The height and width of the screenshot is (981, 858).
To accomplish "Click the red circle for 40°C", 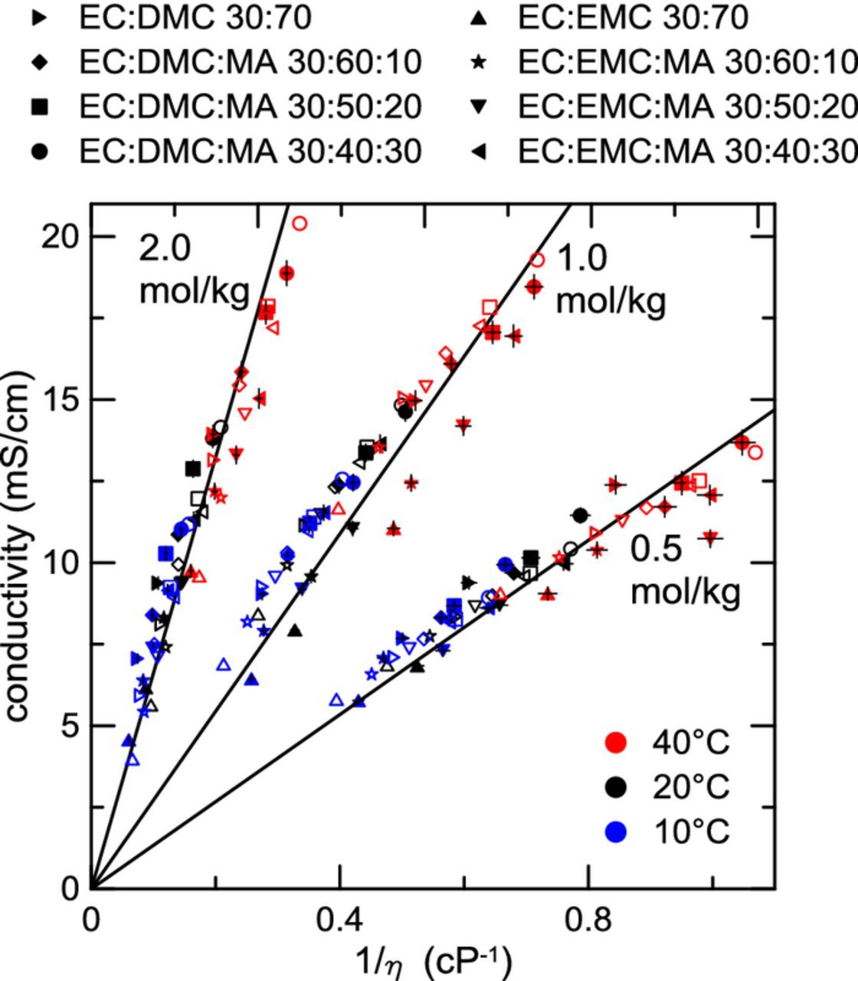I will tap(615, 742).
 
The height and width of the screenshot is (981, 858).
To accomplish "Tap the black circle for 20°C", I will tap(615, 786).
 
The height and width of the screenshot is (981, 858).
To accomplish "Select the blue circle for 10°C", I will tap(615, 831).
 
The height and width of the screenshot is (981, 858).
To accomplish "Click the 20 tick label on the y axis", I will tap(59, 237).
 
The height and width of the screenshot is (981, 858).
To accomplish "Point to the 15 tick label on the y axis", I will tap(59, 400).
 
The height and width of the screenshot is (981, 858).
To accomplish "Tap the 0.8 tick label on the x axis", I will tap(588, 919).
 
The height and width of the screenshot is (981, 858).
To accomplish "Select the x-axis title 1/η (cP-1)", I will tap(432, 960).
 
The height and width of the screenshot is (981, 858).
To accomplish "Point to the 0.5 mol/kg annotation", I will tap(685, 571).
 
